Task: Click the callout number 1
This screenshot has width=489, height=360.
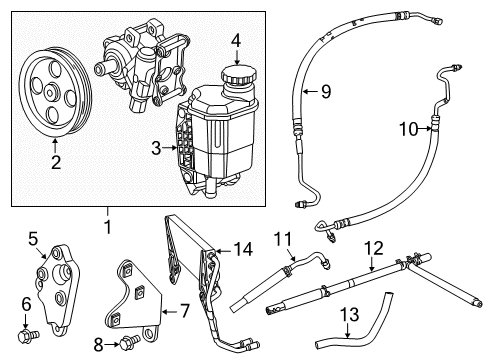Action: click(107, 226)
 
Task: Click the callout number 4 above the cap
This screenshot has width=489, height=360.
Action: click(235, 42)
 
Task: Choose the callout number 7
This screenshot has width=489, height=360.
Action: click(170, 303)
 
